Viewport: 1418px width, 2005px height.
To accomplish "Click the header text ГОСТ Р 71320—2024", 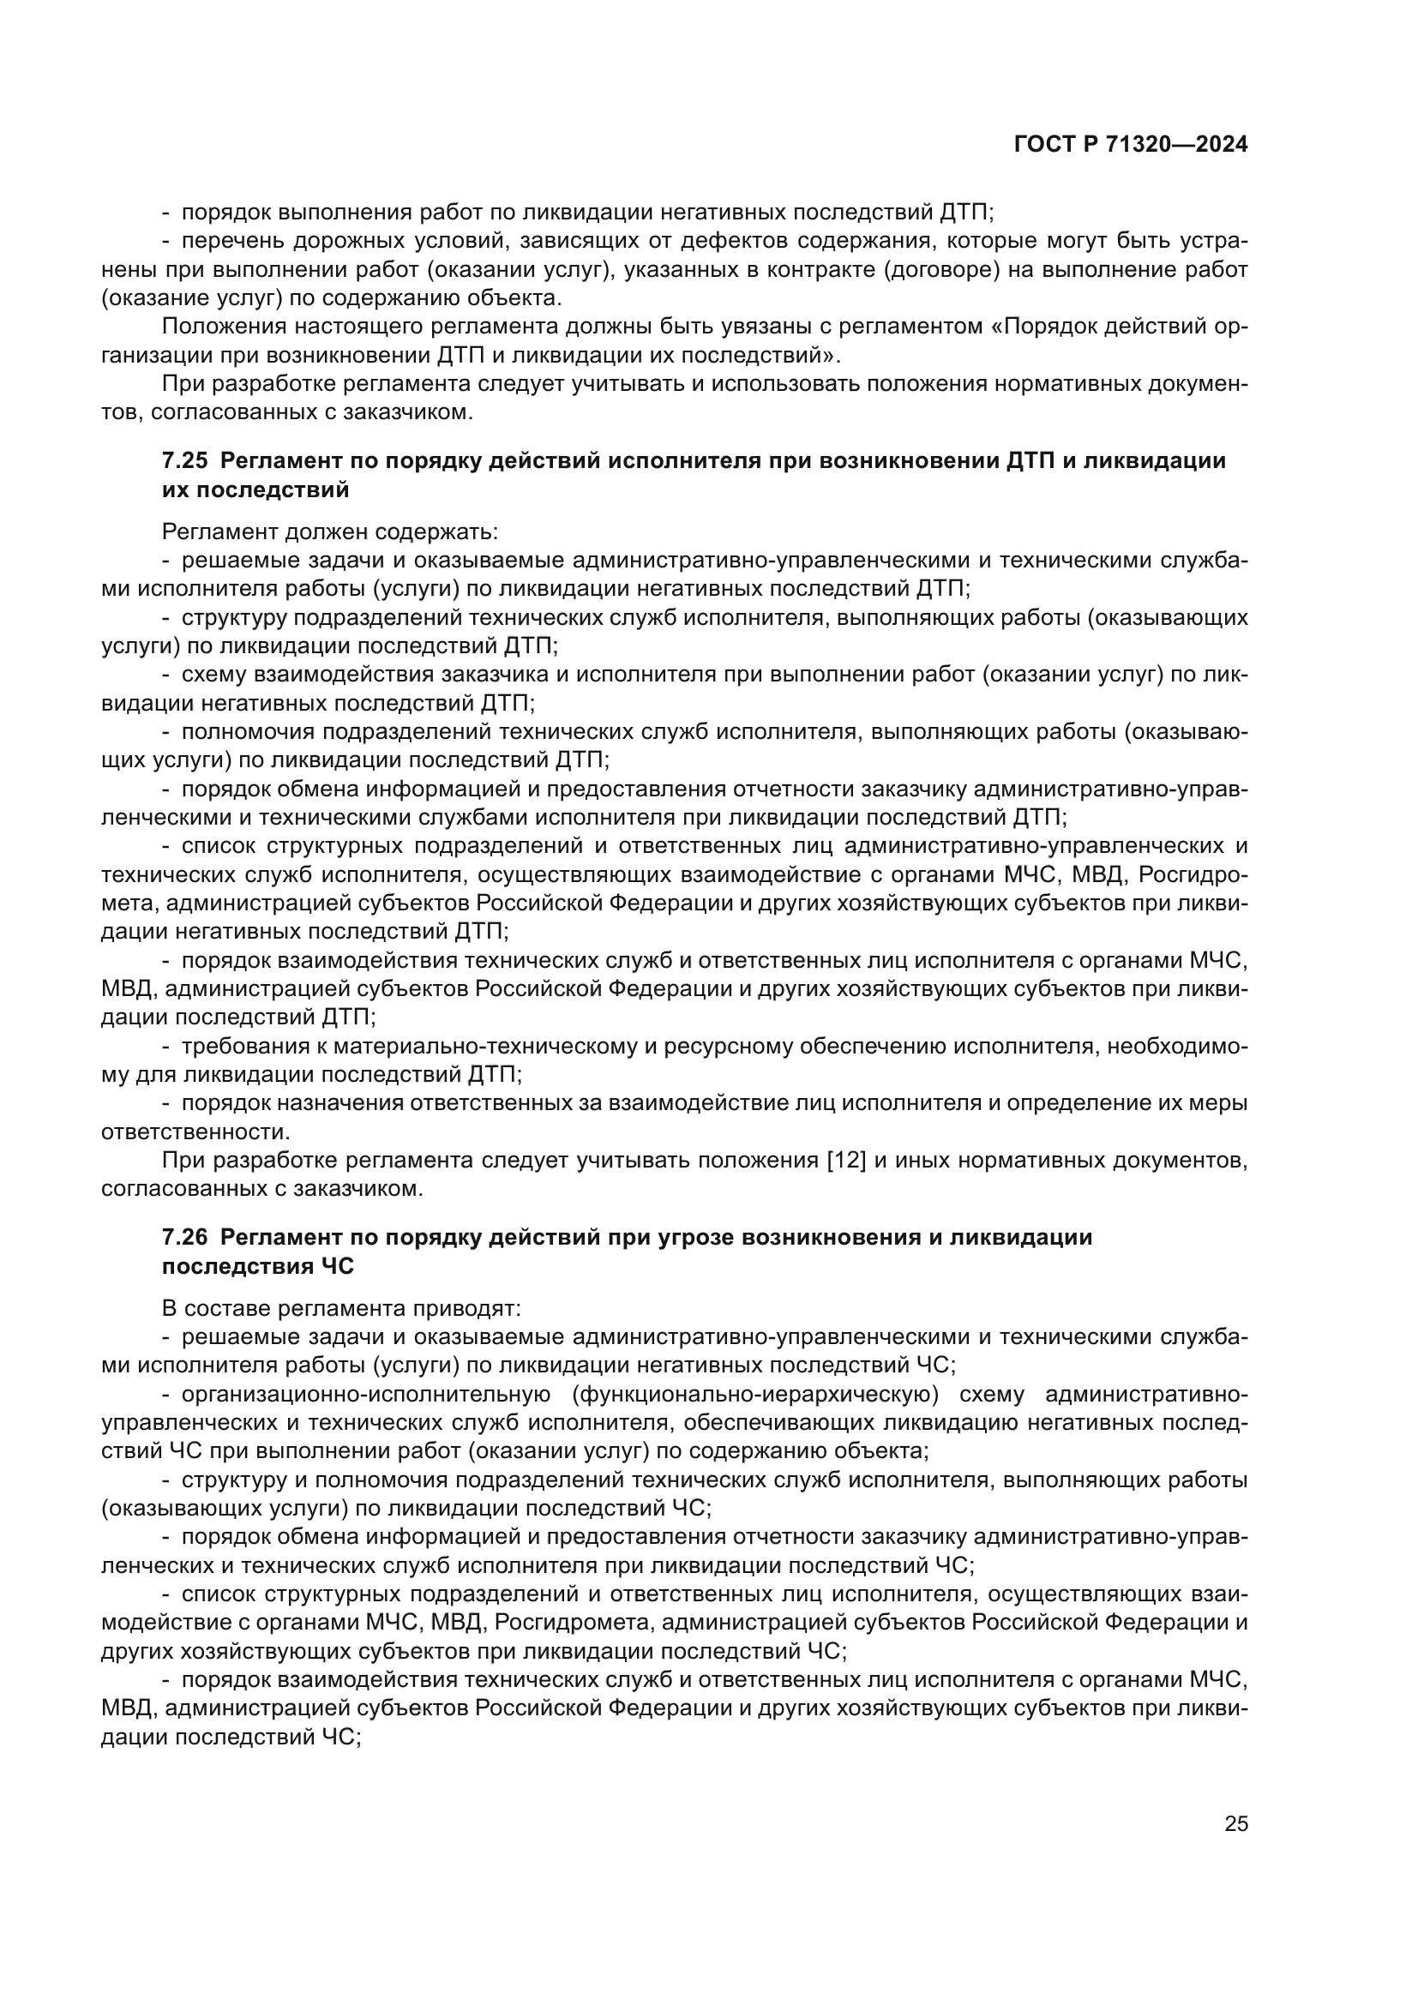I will [1131, 145].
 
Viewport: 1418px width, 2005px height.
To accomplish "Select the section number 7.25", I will [185, 461].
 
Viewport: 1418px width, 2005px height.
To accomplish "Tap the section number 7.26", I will [185, 1237].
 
